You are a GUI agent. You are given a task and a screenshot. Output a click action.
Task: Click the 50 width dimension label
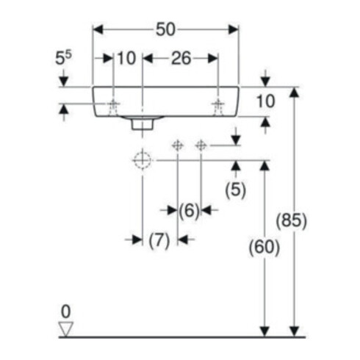(165, 29)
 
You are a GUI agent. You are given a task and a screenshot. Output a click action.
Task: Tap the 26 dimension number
(181, 59)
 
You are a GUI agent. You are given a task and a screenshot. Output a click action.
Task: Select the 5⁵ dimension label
(63, 58)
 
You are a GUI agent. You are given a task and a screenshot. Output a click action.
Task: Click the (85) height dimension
(292, 220)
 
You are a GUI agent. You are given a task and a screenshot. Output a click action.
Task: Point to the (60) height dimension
(264, 247)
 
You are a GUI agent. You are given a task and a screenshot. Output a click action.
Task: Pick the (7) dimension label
(159, 240)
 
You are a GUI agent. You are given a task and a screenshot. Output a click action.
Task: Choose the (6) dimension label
(189, 210)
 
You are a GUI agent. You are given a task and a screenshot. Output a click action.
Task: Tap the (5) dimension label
(236, 190)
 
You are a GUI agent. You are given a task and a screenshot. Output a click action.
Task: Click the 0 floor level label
(66, 312)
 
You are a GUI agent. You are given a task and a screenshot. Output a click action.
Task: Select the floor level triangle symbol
(66, 329)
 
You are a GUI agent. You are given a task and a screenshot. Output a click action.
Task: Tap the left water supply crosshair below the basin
(177, 145)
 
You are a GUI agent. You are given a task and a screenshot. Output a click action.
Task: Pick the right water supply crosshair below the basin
(201, 145)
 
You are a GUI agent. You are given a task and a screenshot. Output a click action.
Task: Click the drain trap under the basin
(143, 123)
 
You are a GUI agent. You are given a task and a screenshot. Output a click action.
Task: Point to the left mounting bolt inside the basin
(112, 108)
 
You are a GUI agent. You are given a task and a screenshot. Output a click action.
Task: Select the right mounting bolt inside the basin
(217, 108)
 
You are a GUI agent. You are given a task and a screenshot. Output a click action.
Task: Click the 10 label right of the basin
(266, 101)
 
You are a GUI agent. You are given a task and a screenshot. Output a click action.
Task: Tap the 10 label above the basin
(126, 59)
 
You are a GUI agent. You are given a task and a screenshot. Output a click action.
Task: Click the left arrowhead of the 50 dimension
(98, 29)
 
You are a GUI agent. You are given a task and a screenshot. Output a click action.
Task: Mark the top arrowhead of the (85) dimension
(295, 93)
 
